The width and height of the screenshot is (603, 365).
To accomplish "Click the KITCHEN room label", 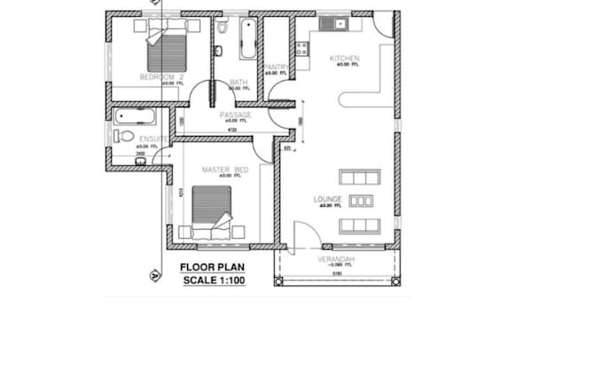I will point(343,59).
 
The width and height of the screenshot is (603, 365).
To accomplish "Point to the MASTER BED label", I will point(224,169).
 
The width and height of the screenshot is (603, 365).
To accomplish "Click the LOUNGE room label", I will point(327,199).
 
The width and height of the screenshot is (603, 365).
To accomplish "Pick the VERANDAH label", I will point(336,258).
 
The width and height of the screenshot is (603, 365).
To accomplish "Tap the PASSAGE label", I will point(236,115).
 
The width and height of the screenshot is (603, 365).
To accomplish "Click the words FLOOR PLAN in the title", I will point(212,266).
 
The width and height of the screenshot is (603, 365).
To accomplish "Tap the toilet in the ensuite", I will point(124,136).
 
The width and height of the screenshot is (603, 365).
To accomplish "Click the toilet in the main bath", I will point(222,28).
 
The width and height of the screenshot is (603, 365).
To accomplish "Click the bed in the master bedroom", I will point(213,210).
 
